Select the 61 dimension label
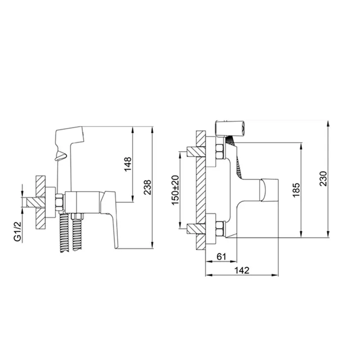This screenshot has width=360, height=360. point(220,256)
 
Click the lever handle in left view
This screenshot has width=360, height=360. point(111,216)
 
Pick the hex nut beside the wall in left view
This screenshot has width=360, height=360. point(59,202)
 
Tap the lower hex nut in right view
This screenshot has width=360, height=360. point(220,229)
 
